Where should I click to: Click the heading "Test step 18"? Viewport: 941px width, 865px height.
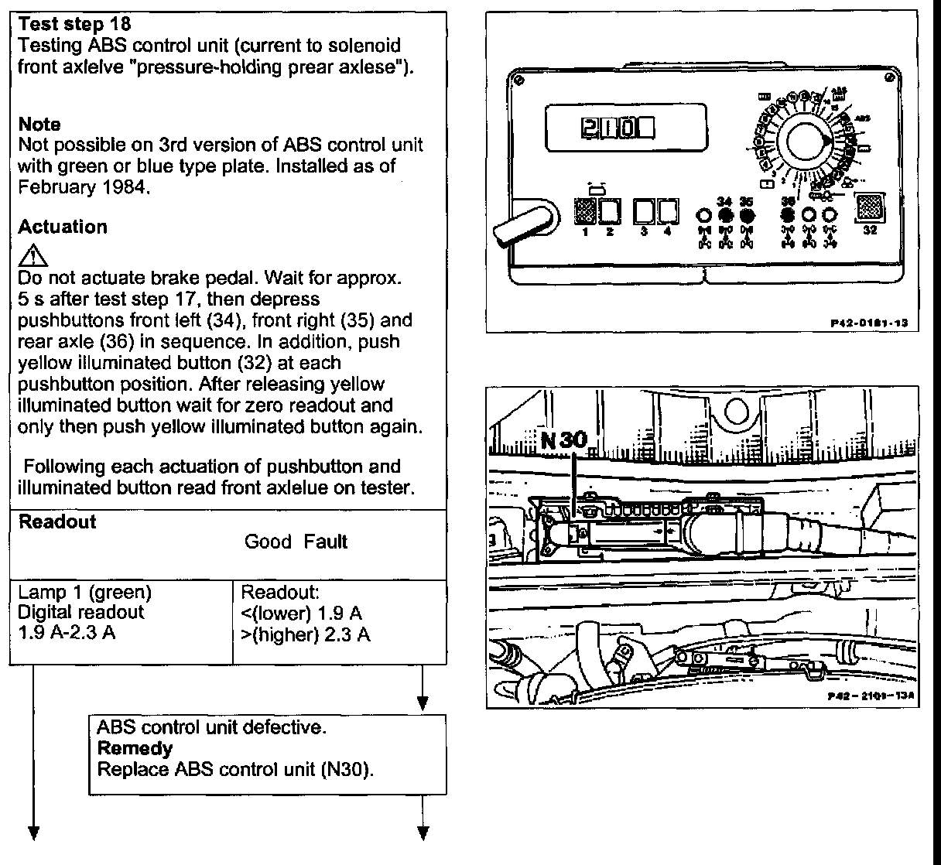coord(74,26)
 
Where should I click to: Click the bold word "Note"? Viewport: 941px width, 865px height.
coord(39,125)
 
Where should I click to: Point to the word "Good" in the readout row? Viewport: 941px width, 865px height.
coord(268,542)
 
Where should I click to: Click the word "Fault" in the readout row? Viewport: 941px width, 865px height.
coord(325,542)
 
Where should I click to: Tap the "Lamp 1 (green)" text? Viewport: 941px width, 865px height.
coord(84,593)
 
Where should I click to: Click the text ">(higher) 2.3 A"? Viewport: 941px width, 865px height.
coord(306,635)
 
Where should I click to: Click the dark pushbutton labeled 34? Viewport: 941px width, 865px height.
coord(725,214)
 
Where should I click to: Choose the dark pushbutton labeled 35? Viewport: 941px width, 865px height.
coord(746,214)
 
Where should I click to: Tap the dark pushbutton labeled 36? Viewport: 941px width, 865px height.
coord(788,214)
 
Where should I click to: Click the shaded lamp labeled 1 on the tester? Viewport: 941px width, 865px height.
coord(585,210)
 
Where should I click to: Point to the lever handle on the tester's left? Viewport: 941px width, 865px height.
coord(522,224)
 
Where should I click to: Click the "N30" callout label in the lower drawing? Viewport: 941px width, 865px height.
coord(564,440)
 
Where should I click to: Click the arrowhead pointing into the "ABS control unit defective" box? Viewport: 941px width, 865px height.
coord(423,704)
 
